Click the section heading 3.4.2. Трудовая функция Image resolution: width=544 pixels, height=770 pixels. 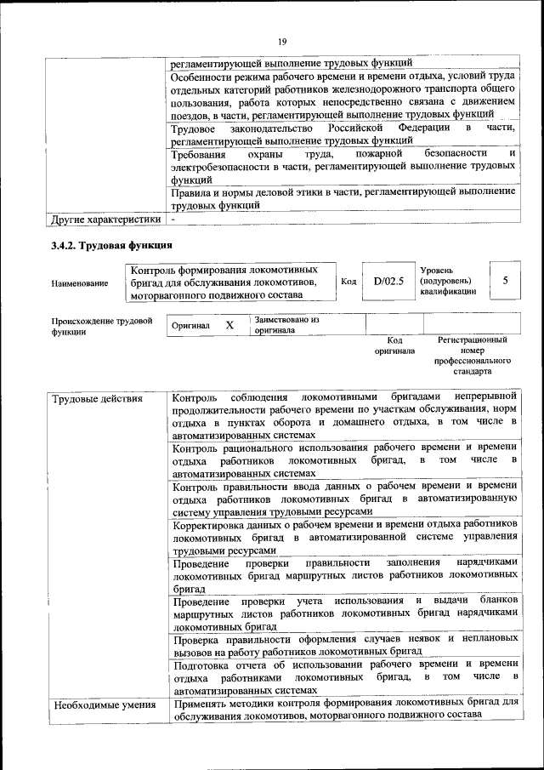click(x=105, y=246)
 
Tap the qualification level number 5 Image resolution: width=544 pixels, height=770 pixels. click(x=506, y=281)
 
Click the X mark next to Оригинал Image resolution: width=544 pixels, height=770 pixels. click(x=229, y=325)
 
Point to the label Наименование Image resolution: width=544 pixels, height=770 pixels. click(x=79, y=282)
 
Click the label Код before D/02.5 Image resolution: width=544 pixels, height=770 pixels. click(x=348, y=281)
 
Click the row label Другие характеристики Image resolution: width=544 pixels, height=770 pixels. click(x=105, y=219)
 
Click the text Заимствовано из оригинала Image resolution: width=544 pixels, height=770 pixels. click(x=286, y=325)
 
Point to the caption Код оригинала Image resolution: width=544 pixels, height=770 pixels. click(x=394, y=345)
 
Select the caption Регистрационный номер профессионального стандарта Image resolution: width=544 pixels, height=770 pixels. click(x=473, y=356)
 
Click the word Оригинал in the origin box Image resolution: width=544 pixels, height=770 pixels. click(x=191, y=326)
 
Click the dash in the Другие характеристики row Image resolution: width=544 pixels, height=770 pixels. click(x=173, y=219)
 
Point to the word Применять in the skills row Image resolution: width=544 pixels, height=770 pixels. click(x=200, y=704)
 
